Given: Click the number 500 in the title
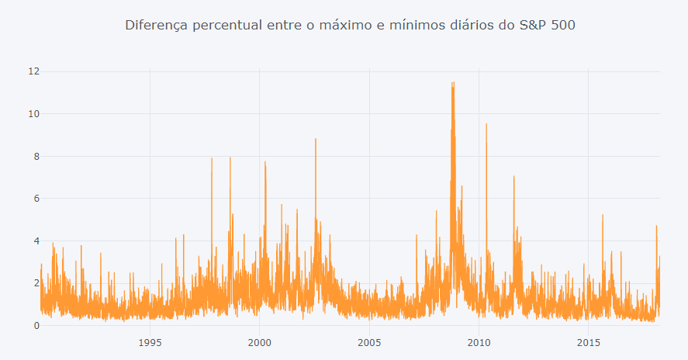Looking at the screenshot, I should point(563,26).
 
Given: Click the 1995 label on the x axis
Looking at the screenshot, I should point(150,342).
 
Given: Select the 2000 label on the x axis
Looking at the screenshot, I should point(259,342).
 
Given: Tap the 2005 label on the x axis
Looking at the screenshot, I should point(369,342).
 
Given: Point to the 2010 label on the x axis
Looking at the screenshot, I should point(479,342).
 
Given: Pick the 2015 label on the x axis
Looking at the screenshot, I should point(589,342).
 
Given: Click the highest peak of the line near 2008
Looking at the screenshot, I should point(452,83).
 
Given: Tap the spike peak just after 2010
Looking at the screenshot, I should point(486,124).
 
